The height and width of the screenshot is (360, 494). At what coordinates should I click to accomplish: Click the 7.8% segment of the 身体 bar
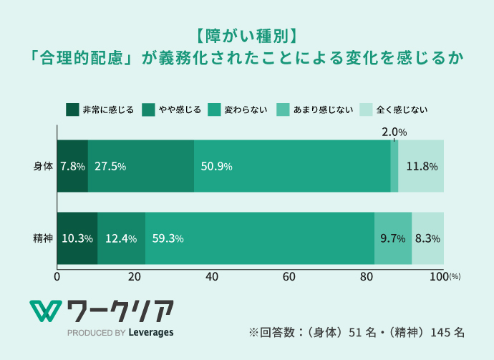72,166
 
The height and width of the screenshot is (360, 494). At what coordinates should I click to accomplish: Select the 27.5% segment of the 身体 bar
141,166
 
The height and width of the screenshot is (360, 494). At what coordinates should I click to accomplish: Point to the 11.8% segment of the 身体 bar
421,166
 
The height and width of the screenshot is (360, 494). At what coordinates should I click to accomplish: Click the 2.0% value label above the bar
394,132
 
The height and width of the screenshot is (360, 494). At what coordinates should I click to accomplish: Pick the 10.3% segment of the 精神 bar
77,238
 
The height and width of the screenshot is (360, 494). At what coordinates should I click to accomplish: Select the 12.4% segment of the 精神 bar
121,238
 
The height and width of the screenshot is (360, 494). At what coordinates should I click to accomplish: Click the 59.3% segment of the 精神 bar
259,238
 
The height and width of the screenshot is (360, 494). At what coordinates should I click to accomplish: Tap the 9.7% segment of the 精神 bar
393,238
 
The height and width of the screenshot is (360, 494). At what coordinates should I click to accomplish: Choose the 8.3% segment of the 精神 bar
427,238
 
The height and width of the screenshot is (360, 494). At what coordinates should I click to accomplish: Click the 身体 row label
43,166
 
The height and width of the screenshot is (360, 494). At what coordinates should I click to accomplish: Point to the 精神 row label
43,238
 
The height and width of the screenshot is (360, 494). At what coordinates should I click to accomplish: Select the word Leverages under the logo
151,332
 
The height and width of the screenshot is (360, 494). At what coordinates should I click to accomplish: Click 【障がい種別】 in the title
247,35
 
